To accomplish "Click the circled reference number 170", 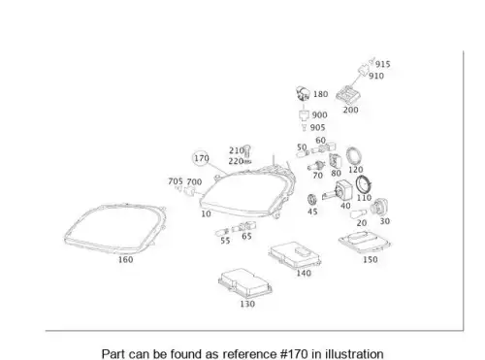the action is (x=202, y=158).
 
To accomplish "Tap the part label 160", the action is (x=125, y=260).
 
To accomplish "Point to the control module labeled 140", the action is (x=294, y=254).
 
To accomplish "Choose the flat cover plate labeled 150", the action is (x=365, y=242).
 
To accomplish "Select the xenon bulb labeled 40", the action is (x=338, y=191).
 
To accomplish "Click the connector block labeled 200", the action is (x=347, y=95).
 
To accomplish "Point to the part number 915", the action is (x=383, y=64).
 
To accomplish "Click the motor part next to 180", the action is (x=303, y=93).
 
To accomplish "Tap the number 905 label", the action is (x=317, y=127).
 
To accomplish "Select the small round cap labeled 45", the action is (x=312, y=200).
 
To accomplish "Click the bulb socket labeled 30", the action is (x=378, y=208).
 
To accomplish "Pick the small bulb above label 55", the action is (x=222, y=232).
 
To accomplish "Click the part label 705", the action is (x=176, y=181).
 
